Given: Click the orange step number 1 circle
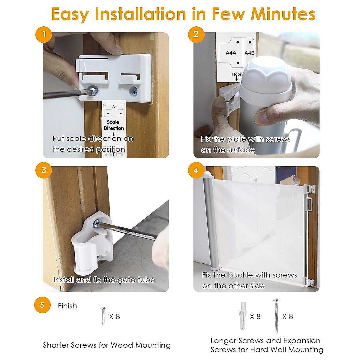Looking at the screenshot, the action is click(44, 34).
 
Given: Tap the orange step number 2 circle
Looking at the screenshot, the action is click(196, 34).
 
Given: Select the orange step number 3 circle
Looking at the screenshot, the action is click(44, 170).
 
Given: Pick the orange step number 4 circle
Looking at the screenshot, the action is click(196, 170).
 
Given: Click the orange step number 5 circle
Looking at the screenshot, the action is click(42, 305).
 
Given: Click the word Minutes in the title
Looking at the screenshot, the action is click(283, 14).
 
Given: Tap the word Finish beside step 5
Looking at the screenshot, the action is click(67, 306).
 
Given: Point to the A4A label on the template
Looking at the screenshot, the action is click(231, 53).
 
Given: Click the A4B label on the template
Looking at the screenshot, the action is click(250, 53).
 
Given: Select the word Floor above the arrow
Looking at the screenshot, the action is click(236, 74).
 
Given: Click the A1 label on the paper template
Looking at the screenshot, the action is click(115, 107).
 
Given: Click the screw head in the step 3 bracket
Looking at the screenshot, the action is click(96, 223).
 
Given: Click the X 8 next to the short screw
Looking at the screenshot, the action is click(115, 316).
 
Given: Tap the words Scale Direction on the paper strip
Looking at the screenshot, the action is click(114, 125).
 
